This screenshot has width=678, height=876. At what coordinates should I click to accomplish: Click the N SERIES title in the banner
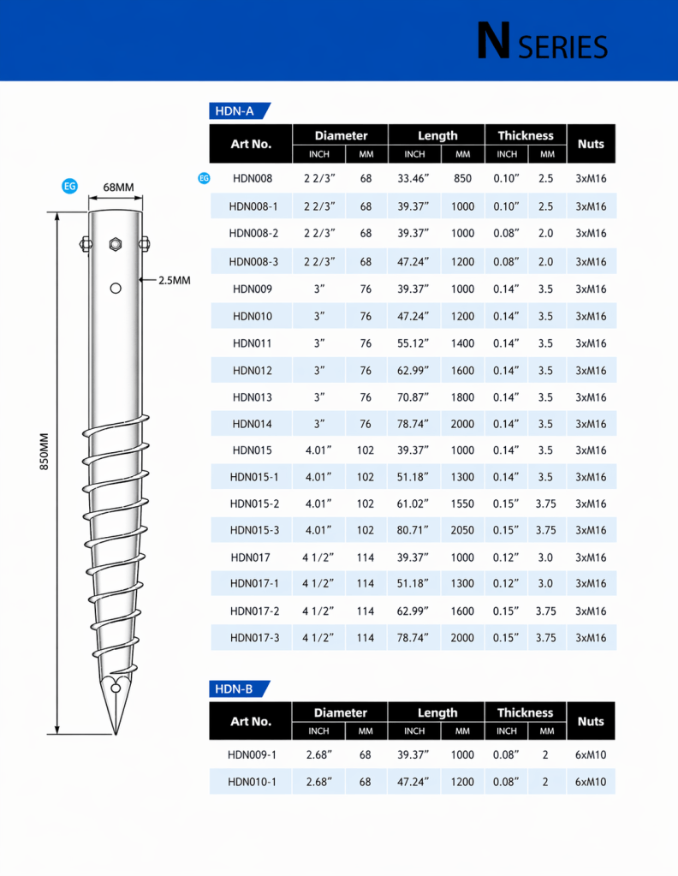click(542, 41)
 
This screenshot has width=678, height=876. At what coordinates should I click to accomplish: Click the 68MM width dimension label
click(118, 188)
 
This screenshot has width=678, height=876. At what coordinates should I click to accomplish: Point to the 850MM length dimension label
click(45, 451)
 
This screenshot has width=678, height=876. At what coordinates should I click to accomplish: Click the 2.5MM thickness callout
click(175, 280)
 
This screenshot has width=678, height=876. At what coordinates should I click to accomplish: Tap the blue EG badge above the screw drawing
click(70, 186)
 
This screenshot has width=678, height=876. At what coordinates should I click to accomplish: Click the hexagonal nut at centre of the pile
click(116, 244)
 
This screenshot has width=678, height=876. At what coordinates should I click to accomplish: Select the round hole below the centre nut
click(116, 289)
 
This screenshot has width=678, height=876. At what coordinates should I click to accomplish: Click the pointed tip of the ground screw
click(116, 734)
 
